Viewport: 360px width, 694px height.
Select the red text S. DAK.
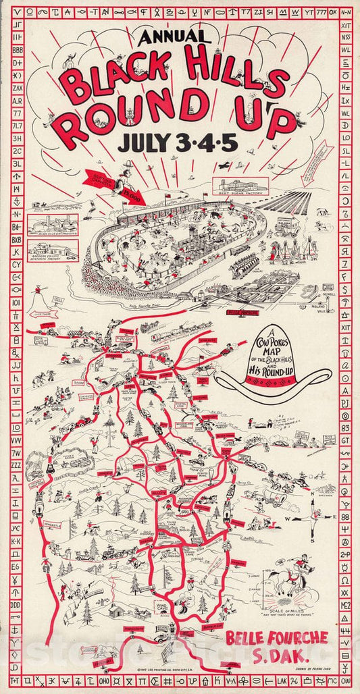coord(277,656)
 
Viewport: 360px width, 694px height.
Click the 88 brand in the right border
coord(345,518)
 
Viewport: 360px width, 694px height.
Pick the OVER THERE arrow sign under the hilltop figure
coord(38,313)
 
